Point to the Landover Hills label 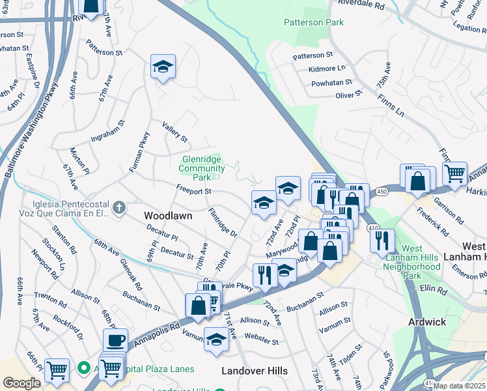[255, 371]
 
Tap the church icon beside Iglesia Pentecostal [118, 208]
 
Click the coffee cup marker [115, 340]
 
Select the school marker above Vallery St [163, 66]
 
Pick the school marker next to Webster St [216, 338]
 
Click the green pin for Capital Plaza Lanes [83, 369]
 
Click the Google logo [21, 383]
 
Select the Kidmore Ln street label [327, 68]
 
